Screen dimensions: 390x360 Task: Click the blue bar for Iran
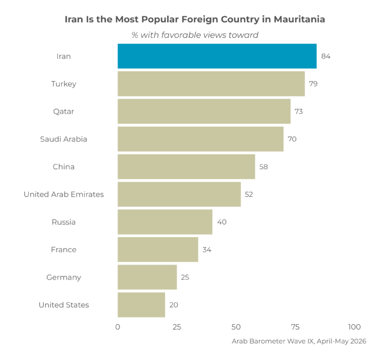point(217,56)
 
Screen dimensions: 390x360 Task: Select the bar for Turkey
point(211,84)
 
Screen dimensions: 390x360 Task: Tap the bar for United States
point(141,305)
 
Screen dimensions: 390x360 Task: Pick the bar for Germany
point(147,277)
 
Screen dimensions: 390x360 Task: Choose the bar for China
point(186,167)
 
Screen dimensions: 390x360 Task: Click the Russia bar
point(165,222)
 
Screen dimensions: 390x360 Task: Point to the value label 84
point(326,56)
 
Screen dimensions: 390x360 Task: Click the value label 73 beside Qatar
point(299,111)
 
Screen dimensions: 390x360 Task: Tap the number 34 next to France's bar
point(207,249)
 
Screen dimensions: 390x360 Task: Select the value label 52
point(249,194)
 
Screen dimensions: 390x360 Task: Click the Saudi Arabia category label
point(64,139)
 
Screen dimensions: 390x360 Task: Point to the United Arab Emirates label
point(64,194)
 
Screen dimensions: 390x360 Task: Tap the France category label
point(64,249)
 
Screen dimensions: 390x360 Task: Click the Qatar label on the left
point(64,111)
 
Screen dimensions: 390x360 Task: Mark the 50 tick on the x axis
point(236,327)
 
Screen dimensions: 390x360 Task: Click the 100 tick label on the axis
point(355,327)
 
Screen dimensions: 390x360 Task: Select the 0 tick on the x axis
point(118,327)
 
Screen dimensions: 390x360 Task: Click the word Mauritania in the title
point(299,20)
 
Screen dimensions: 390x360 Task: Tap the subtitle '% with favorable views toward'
point(195,35)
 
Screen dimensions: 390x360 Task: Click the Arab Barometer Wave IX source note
point(299,341)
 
